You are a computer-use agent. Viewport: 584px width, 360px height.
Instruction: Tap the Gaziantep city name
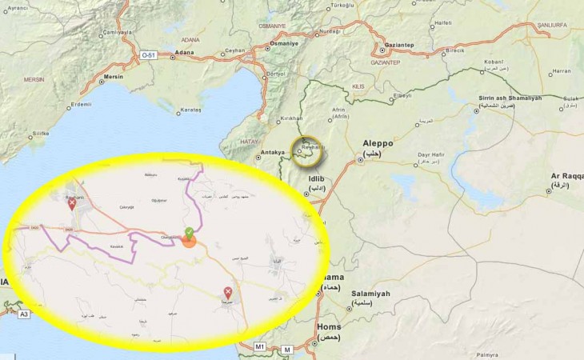pos(400,46)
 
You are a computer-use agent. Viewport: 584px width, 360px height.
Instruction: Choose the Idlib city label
pos(318,179)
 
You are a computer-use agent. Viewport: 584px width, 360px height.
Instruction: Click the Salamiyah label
pos(370,294)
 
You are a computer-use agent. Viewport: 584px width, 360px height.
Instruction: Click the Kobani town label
pos(494,62)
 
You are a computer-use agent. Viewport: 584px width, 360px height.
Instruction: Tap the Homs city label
pos(330,326)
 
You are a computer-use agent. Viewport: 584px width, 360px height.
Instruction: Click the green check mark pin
pos(189,233)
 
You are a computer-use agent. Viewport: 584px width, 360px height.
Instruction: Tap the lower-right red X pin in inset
pos(228,292)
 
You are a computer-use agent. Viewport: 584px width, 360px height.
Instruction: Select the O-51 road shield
pos(149,54)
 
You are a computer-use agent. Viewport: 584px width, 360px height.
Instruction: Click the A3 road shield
pos(24,314)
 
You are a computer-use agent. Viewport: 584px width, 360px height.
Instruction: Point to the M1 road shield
pos(259,346)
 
